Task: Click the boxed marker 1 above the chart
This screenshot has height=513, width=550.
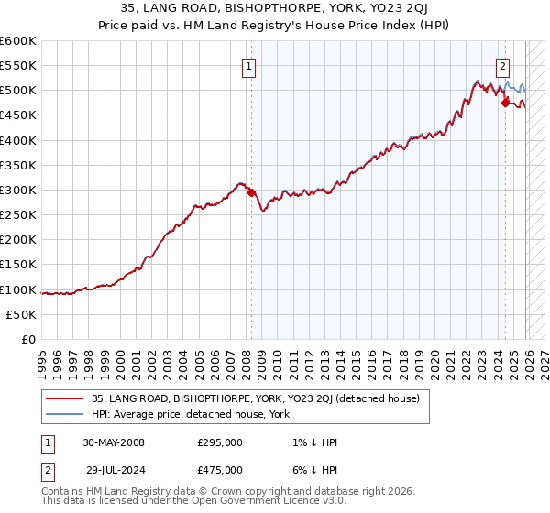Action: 248,65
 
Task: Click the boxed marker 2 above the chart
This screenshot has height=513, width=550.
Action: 503,65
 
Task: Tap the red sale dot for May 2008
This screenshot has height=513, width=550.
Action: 252,192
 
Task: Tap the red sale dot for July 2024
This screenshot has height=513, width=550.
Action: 505,103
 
